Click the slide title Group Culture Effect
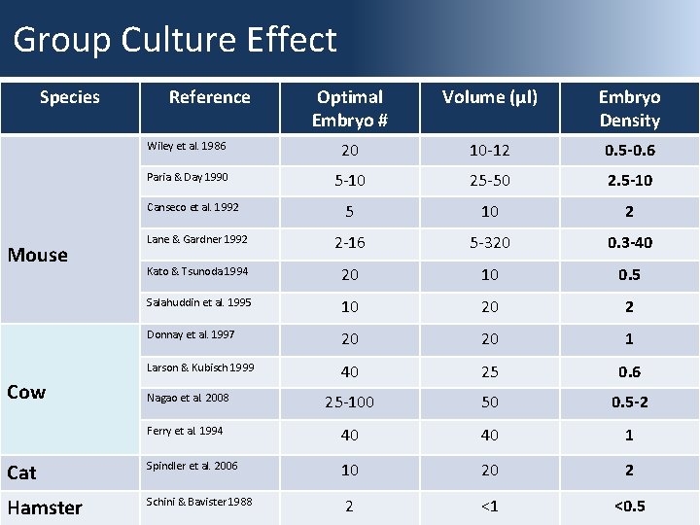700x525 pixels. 175,40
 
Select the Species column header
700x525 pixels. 69,96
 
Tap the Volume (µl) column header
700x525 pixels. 489,96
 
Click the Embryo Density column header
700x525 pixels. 629,108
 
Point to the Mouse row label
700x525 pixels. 38,255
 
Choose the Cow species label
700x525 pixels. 26,392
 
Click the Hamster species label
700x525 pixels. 45,507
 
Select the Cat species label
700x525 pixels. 21,472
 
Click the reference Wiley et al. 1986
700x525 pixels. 186,146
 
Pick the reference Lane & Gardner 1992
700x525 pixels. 196,238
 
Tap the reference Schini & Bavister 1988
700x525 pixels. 199,501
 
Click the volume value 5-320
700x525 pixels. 489,242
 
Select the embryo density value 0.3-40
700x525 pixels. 629,242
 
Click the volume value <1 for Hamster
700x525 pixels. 489,506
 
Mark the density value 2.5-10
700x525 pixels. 629,181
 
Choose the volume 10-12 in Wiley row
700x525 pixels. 489,151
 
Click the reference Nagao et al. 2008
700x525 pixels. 188,398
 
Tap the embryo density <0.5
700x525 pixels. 629,506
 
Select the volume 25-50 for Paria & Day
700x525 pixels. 489,181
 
